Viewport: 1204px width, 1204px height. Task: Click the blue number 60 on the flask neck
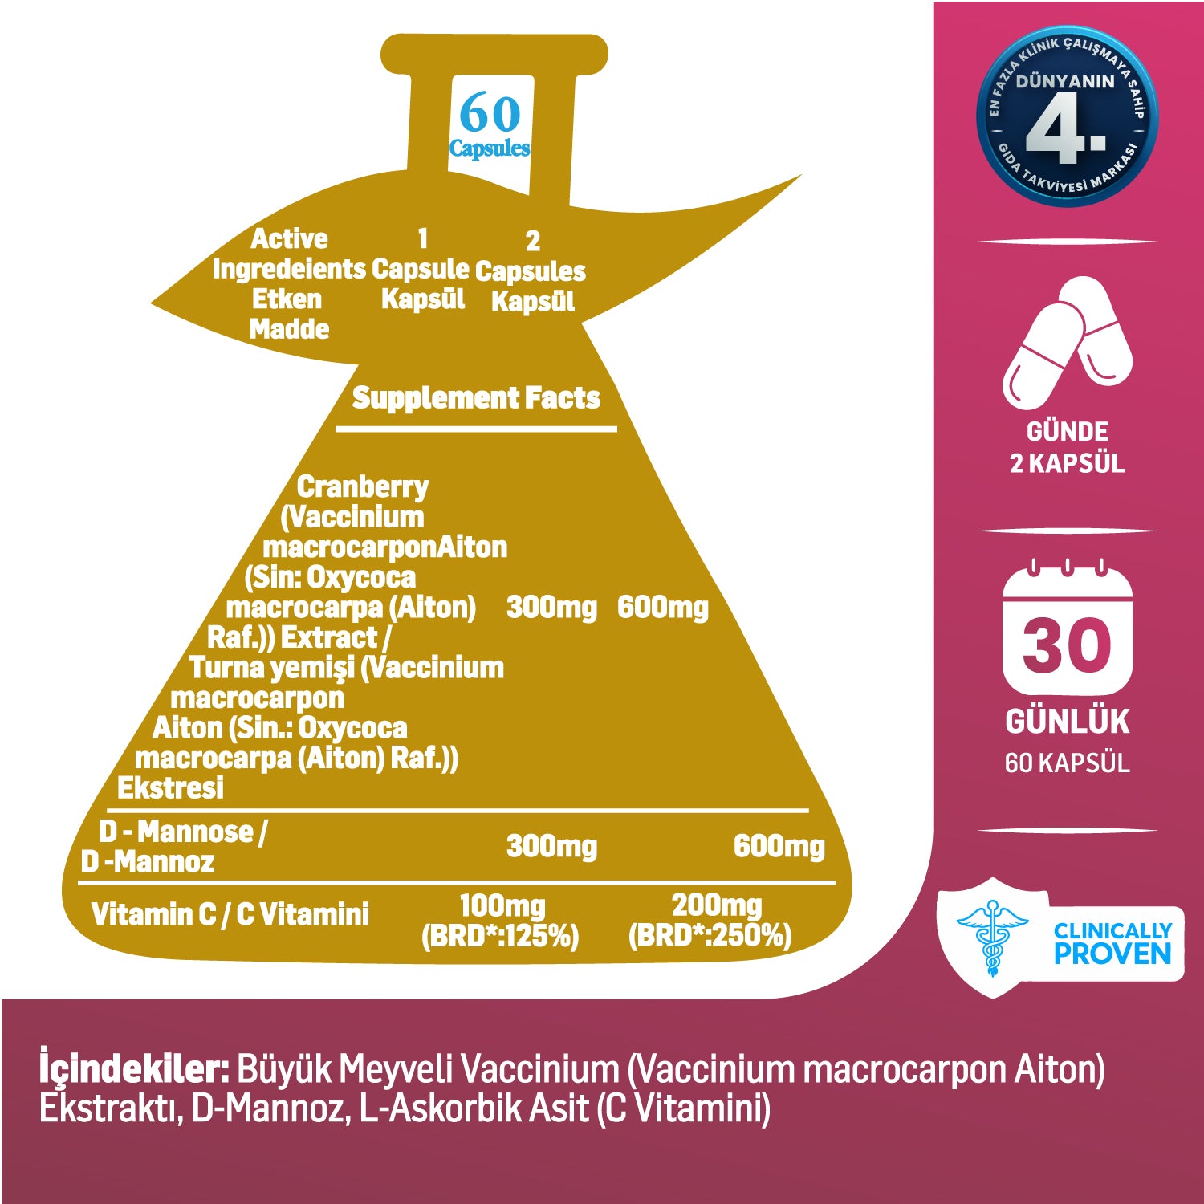490,113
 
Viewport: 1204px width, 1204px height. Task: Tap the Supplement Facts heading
476,397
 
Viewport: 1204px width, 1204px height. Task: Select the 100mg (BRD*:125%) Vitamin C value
500,921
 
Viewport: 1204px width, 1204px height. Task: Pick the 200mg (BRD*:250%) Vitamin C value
710,921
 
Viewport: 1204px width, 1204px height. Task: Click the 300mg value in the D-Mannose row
551,846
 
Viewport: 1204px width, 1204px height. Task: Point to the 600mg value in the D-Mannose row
779,846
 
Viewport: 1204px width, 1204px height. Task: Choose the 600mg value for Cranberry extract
662,608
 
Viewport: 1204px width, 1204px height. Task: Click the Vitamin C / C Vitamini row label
230,914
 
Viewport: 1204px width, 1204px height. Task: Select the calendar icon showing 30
1067,630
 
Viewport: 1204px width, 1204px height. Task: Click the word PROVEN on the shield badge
1112,954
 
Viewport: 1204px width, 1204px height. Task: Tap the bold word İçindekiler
134,1070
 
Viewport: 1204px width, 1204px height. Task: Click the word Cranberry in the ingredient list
363,486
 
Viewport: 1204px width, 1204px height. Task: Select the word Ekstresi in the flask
170,788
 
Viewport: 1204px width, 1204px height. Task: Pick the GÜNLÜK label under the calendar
1067,722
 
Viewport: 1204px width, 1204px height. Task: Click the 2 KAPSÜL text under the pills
1067,463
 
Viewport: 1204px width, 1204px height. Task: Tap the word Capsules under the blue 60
490,148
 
